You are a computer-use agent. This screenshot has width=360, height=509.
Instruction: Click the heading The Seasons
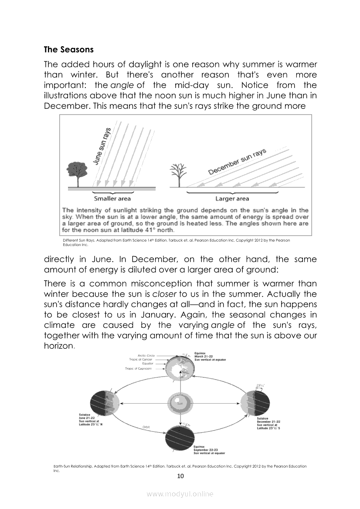[68, 50]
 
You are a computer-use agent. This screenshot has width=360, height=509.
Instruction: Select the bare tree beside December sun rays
[178, 174]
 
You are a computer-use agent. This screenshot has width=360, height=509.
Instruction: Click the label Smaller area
[112, 199]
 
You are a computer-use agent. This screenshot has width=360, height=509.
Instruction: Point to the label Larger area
[232, 199]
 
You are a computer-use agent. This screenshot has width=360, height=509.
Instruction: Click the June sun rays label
[103, 146]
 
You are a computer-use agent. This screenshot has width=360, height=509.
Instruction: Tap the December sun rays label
[238, 161]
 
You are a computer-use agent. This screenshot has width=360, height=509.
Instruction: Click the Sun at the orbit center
[180, 403]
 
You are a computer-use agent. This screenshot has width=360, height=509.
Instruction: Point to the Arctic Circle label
[146, 355]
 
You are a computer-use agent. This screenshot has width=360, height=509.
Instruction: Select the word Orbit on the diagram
[146, 427]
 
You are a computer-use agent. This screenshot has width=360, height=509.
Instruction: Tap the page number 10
[180, 476]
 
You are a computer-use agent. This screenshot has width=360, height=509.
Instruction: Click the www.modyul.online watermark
[180, 494]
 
